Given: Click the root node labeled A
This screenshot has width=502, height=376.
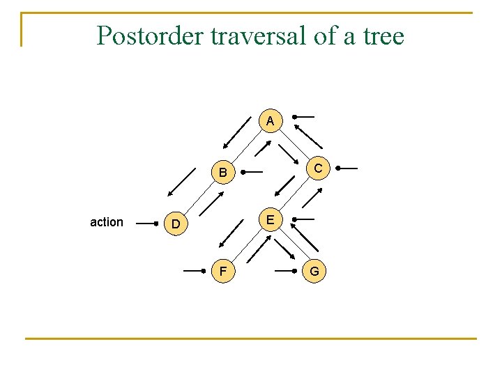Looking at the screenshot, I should pyautogui.click(x=270, y=121).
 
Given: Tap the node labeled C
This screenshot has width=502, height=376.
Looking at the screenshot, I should pyautogui.click(x=317, y=168).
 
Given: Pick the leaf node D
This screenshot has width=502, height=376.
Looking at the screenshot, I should pyautogui.click(x=176, y=224).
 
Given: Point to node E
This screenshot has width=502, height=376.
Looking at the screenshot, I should pyautogui.click(x=270, y=220).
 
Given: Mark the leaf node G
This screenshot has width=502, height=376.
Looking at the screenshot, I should pyautogui.click(x=314, y=270).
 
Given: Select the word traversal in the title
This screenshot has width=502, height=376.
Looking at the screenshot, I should pyautogui.click(x=254, y=35).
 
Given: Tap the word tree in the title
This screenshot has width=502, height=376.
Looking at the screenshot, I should pyautogui.click(x=383, y=35).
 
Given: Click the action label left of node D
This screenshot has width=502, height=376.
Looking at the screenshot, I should pyautogui.click(x=107, y=222).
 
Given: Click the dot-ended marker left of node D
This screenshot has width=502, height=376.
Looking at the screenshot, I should pyautogui.click(x=146, y=224).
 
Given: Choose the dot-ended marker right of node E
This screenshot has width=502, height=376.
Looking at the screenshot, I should pyautogui.click(x=304, y=220).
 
